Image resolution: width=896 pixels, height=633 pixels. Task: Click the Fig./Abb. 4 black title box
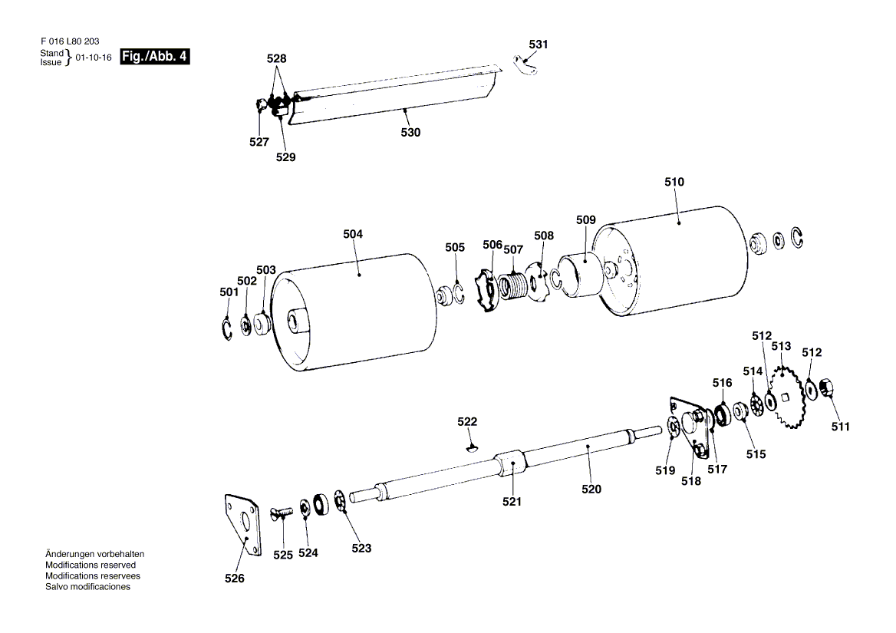[x=155, y=56]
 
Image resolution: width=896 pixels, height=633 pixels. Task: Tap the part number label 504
[x=354, y=233]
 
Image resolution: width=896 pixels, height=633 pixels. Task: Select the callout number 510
[x=674, y=183]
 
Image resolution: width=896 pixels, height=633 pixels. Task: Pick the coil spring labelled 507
[x=514, y=286]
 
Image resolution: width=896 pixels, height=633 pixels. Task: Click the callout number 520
[x=591, y=489]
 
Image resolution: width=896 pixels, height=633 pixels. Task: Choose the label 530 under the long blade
[x=410, y=132]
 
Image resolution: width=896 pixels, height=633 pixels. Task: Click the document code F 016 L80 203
[x=68, y=41]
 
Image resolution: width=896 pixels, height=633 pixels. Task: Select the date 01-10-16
[x=94, y=58]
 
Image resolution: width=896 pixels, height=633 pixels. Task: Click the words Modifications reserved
[x=91, y=564]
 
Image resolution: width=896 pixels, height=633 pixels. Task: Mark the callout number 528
[x=276, y=58]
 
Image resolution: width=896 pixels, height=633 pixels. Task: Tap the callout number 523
[x=361, y=548]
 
